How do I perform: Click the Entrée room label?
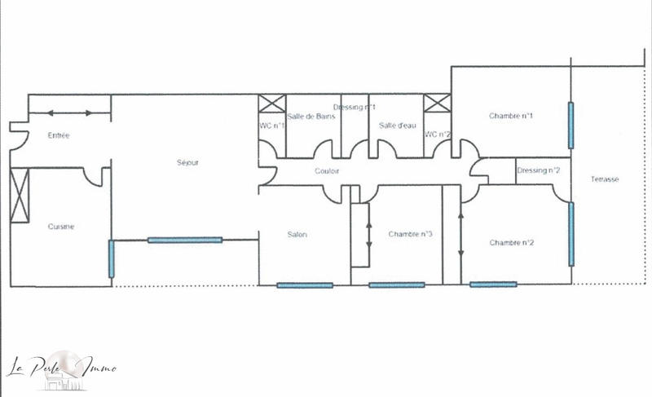[59, 135]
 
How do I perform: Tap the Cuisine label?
[61, 227]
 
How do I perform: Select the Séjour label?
[187, 162]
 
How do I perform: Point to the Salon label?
[297, 235]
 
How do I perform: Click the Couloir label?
[327, 171]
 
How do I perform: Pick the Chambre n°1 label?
[511, 116]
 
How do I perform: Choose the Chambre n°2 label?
[511, 242]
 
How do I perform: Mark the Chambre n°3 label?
[410, 235]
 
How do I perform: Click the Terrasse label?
[606, 179]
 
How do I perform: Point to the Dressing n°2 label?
[539, 170]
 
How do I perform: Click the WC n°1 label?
[272, 125]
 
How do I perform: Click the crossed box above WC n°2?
[437, 104]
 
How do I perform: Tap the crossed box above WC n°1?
[271, 104]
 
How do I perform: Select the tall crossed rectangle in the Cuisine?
[18, 195]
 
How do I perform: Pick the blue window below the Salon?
[305, 285]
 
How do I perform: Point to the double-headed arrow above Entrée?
[70, 112]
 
